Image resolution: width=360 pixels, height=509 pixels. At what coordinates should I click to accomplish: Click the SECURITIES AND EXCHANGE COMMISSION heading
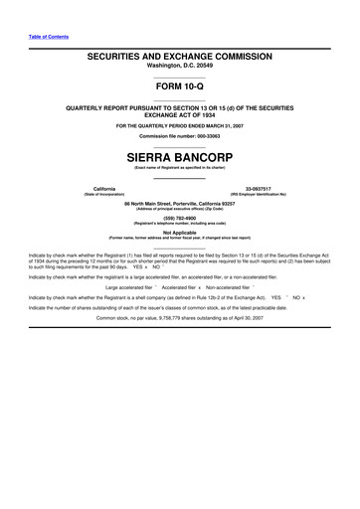click(x=179, y=60)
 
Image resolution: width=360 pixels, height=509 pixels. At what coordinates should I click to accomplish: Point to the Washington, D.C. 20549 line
click(x=179, y=70)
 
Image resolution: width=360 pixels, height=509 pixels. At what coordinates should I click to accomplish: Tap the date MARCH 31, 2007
click(x=232, y=126)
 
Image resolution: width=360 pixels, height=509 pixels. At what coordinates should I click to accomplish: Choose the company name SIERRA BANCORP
click(x=179, y=158)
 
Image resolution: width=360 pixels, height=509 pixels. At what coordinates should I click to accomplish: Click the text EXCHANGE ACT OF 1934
click(x=179, y=114)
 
